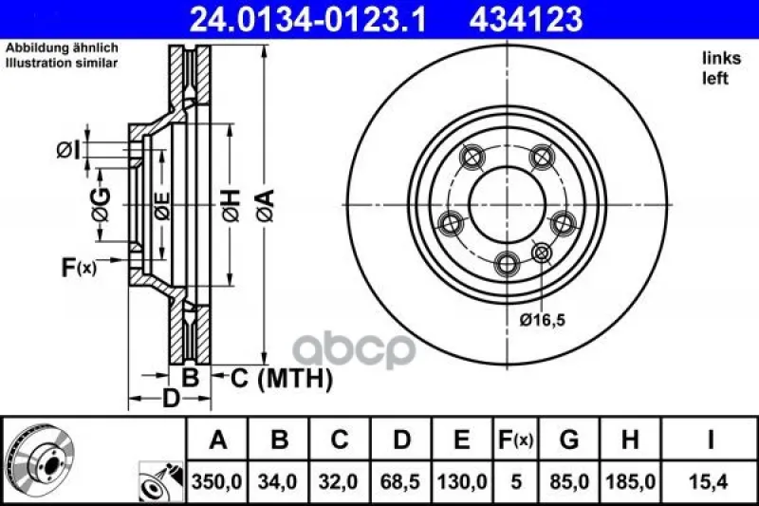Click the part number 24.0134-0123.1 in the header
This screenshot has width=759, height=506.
click(307, 19)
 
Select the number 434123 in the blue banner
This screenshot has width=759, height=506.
click(526, 19)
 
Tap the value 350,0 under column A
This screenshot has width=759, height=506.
click(217, 481)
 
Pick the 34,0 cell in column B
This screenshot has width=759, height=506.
click(278, 481)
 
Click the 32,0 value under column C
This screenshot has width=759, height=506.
click(339, 481)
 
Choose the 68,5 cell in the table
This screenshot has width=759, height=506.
click(400, 481)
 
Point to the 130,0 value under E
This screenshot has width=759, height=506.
click(462, 481)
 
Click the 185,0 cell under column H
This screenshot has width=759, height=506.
click(630, 481)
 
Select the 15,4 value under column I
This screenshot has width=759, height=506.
click(711, 481)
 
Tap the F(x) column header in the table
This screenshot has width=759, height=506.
click(516, 440)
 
